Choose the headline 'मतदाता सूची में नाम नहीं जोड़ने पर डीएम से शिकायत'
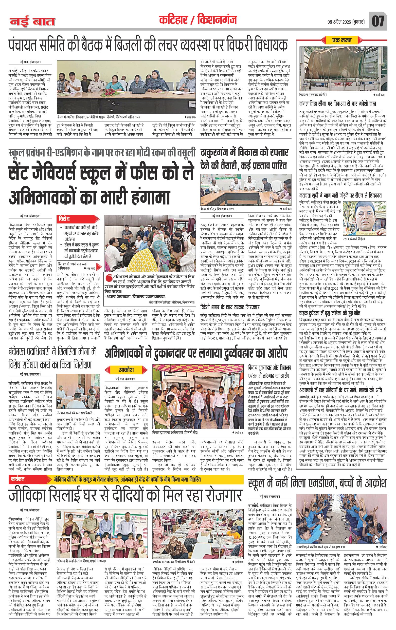coord(341,195)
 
